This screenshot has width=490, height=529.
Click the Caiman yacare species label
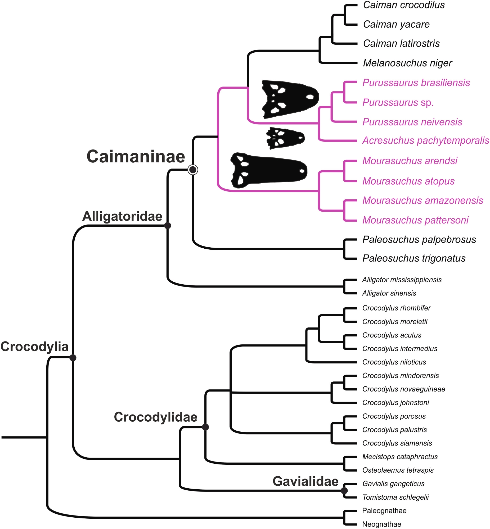(x=396, y=24)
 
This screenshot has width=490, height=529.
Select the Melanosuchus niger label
(x=407, y=63)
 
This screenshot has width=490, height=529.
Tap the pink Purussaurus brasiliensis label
(x=416, y=83)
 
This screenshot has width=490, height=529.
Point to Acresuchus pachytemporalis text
(x=426, y=141)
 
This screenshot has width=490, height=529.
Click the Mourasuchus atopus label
(x=408, y=181)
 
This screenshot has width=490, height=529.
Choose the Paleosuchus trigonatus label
(x=414, y=258)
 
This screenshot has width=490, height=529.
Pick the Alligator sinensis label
(x=389, y=293)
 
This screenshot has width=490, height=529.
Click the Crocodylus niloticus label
(x=394, y=362)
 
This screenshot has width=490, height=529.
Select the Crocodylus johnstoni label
(x=395, y=403)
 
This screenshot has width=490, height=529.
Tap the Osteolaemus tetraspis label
(x=398, y=470)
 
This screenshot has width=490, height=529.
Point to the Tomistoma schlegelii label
(x=395, y=497)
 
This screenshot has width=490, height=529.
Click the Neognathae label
(x=381, y=524)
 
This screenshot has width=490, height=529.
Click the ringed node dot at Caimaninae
(x=193, y=170)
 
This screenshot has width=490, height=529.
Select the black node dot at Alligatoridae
(x=168, y=226)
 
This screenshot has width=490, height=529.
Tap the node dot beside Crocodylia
(x=73, y=358)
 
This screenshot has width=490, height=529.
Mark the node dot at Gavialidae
(x=344, y=491)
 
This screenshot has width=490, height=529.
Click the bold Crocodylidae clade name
(x=156, y=417)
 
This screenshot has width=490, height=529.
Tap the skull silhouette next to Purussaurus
(x=290, y=99)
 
